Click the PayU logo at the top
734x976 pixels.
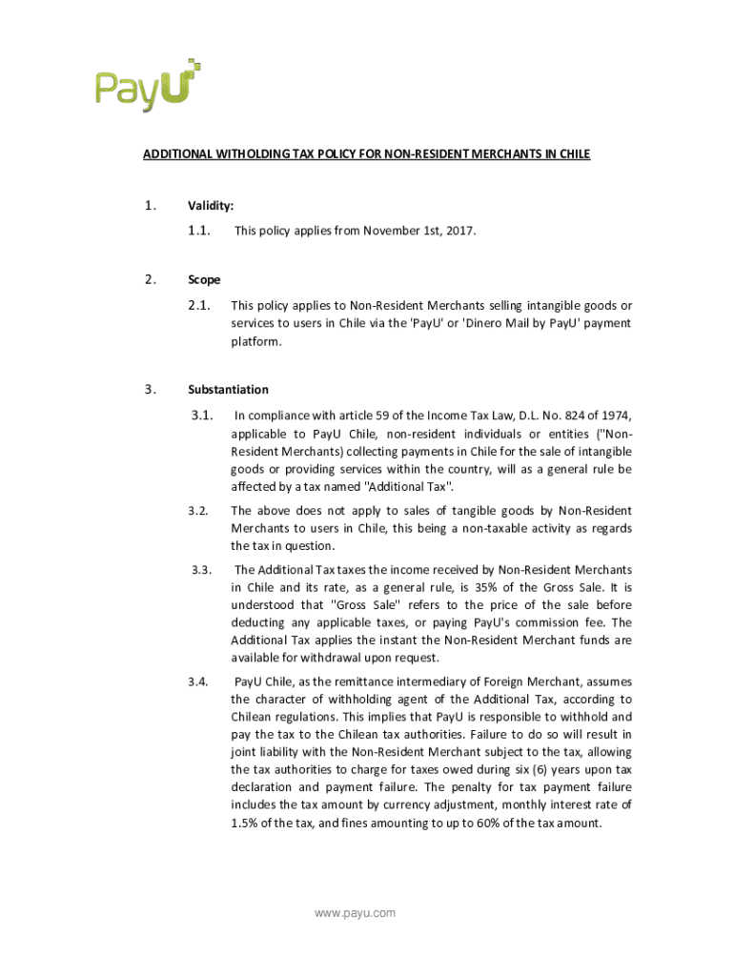(x=148, y=85)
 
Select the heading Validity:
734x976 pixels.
(x=211, y=205)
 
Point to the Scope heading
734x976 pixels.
(x=204, y=279)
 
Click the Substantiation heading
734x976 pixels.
(x=228, y=389)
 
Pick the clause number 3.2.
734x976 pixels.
(x=198, y=510)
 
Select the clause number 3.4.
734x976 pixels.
(x=198, y=681)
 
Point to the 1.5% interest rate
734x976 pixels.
(x=245, y=823)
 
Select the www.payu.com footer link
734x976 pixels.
(x=355, y=913)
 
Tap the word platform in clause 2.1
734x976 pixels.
(x=255, y=341)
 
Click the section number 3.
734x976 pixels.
(x=150, y=389)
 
